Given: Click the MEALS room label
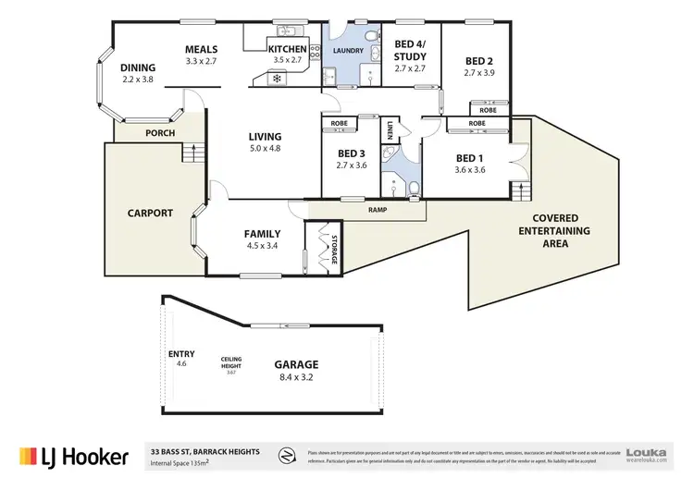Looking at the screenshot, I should pyautogui.click(x=201, y=49).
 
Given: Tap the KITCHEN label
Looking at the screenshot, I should pyautogui.click(x=287, y=49).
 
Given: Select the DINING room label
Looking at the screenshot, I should pyautogui.click(x=138, y=67).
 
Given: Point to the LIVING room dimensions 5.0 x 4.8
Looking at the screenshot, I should pyautogui.click(x=265, y=147).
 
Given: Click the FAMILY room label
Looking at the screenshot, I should pyautogui.click(x=262, y=234).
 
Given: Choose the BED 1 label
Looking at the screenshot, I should pyautogui.click(x=470, y=157).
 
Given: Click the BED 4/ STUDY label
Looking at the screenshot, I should pyautogui.click(x=410, y=49).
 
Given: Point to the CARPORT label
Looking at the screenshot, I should pyautogui.click(x=150, y=213).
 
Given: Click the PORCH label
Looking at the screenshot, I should pyautogui.click(x=160, y=132).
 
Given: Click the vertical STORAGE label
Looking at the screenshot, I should pyautogui.click(x=335, y=248).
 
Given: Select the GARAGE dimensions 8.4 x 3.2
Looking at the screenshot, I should pyautogui.click(x=295, y=377).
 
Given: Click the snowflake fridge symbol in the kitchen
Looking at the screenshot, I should pyautogui.click(x=276, y=78).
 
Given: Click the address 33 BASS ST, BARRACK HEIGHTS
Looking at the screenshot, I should pyautogui.click(x=212, y=450).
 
